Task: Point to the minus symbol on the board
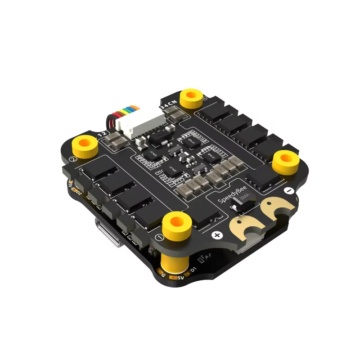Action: pyautogui.click(x=289, y=191)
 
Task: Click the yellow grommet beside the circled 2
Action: pyautogui.click(x=85, y=144)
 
